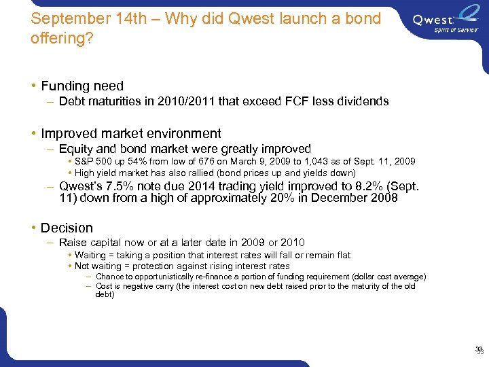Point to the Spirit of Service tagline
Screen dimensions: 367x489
pyautogui.click(x=453, y=30)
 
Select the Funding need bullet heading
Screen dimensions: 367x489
pyautogui.click(x=82, y=86)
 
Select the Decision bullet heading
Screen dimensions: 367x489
pyautogui.click(x=67, y=228)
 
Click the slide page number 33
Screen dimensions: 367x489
pyautogui.click(x=479, y=350)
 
